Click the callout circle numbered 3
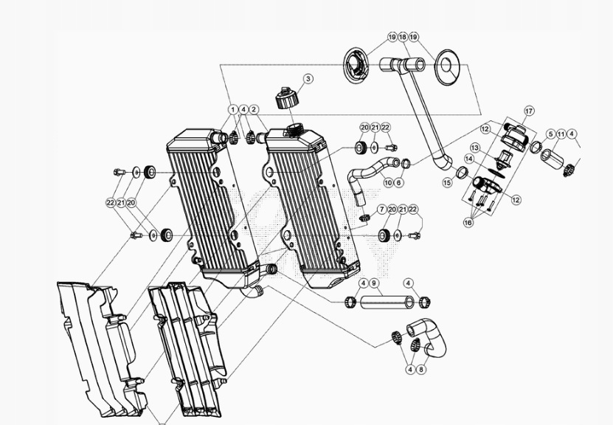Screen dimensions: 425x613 click(x=308, y=79)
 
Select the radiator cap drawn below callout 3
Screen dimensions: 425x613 click(x=285, y=98)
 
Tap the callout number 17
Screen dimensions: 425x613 click(x=529, y=111)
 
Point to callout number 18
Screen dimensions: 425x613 click(x=403, y=37)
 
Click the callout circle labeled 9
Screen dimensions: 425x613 click(x=374, y=283)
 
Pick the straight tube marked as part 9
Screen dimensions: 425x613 click(x=385, y=302)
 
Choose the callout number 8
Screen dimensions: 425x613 click(x=421, y=370)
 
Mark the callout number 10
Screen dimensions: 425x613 click(x=388, y=183)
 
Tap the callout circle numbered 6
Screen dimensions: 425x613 click(x=399, y=183)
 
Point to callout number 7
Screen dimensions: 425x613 click(x=382, y=210)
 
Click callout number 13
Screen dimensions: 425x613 click(x=475, y=148)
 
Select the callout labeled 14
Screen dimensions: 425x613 click(x=469, y=159)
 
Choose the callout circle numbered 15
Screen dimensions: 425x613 click(x=448, y=183)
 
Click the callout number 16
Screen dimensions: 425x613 click(x=468, y=222)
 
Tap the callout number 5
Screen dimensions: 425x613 click(x=551, y=134)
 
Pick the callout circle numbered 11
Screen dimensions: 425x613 click(x=561, y=134)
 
